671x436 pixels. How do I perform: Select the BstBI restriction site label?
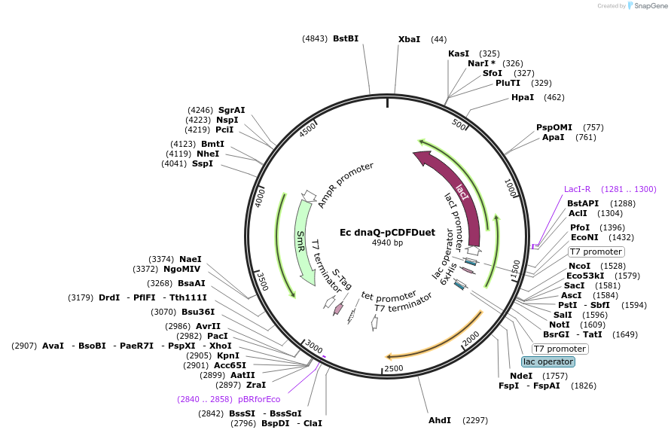[x=346, y=38]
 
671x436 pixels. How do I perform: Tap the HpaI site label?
[x=523, y=97]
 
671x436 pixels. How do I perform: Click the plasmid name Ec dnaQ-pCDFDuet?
[x=387, y=233]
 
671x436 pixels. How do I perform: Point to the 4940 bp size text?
[x=387, y=243]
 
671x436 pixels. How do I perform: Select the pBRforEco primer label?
[x=259, y=399]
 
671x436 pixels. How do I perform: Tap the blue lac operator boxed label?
[x=547, y=362]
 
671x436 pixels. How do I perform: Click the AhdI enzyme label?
[x=439, y=419]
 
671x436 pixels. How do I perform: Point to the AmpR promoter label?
[x=346, y=184]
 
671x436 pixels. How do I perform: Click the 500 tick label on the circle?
[x=459, y=123]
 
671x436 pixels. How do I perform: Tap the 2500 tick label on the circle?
[x=394, y=368]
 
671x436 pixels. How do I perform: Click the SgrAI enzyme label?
[x=232, y=110]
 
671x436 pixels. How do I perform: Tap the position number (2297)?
[x=476, y=419]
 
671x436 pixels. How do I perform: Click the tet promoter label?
[x=389, y=295]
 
